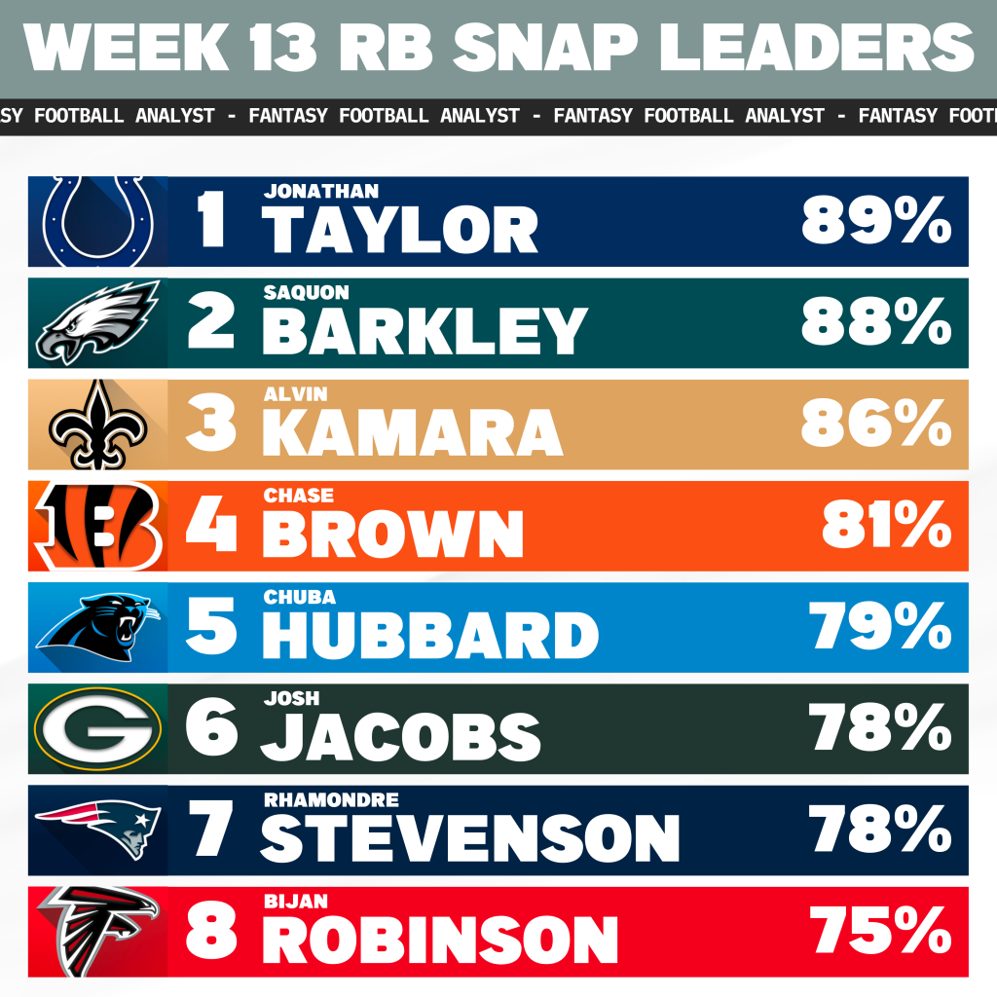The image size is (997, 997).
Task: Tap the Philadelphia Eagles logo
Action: [x=97, y=322]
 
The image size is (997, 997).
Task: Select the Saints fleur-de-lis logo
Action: [x=97, y=425]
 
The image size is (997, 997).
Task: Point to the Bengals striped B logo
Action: [x=97, y=526]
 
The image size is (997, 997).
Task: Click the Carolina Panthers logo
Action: [x=97, y=627]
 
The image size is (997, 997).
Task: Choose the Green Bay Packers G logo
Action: [x=97, y=729]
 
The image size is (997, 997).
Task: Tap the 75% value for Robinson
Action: [x=881, y=933]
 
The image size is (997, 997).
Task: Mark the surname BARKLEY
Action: [x=425, y=331]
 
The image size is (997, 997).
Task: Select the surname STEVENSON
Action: [x=470, y=838]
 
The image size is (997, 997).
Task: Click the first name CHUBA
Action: [x=299, y=597]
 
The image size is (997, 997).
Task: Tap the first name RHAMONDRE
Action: [x=331, y=800]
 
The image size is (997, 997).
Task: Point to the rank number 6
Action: [x=211, y=729]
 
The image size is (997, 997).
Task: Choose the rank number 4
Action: [x=211, y=526]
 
